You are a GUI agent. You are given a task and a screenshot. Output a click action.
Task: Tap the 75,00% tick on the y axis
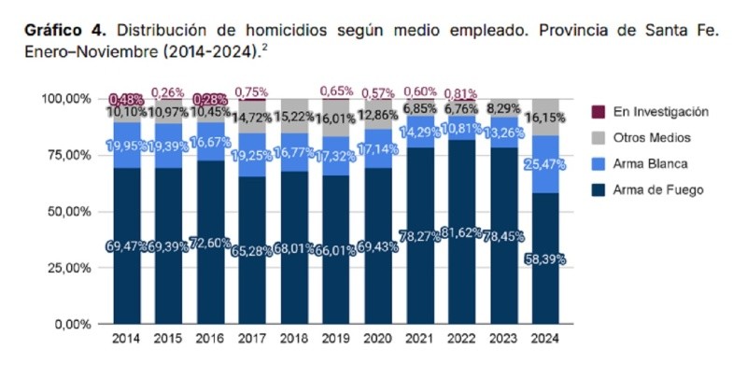pos(68,155)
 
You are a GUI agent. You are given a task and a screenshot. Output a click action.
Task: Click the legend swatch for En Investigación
pos(599,112)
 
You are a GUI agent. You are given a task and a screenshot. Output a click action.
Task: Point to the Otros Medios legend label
pos(652,138)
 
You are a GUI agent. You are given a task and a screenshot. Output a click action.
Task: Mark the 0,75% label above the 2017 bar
pos(250,91)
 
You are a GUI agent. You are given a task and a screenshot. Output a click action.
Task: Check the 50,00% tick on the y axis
pos(68,211)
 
